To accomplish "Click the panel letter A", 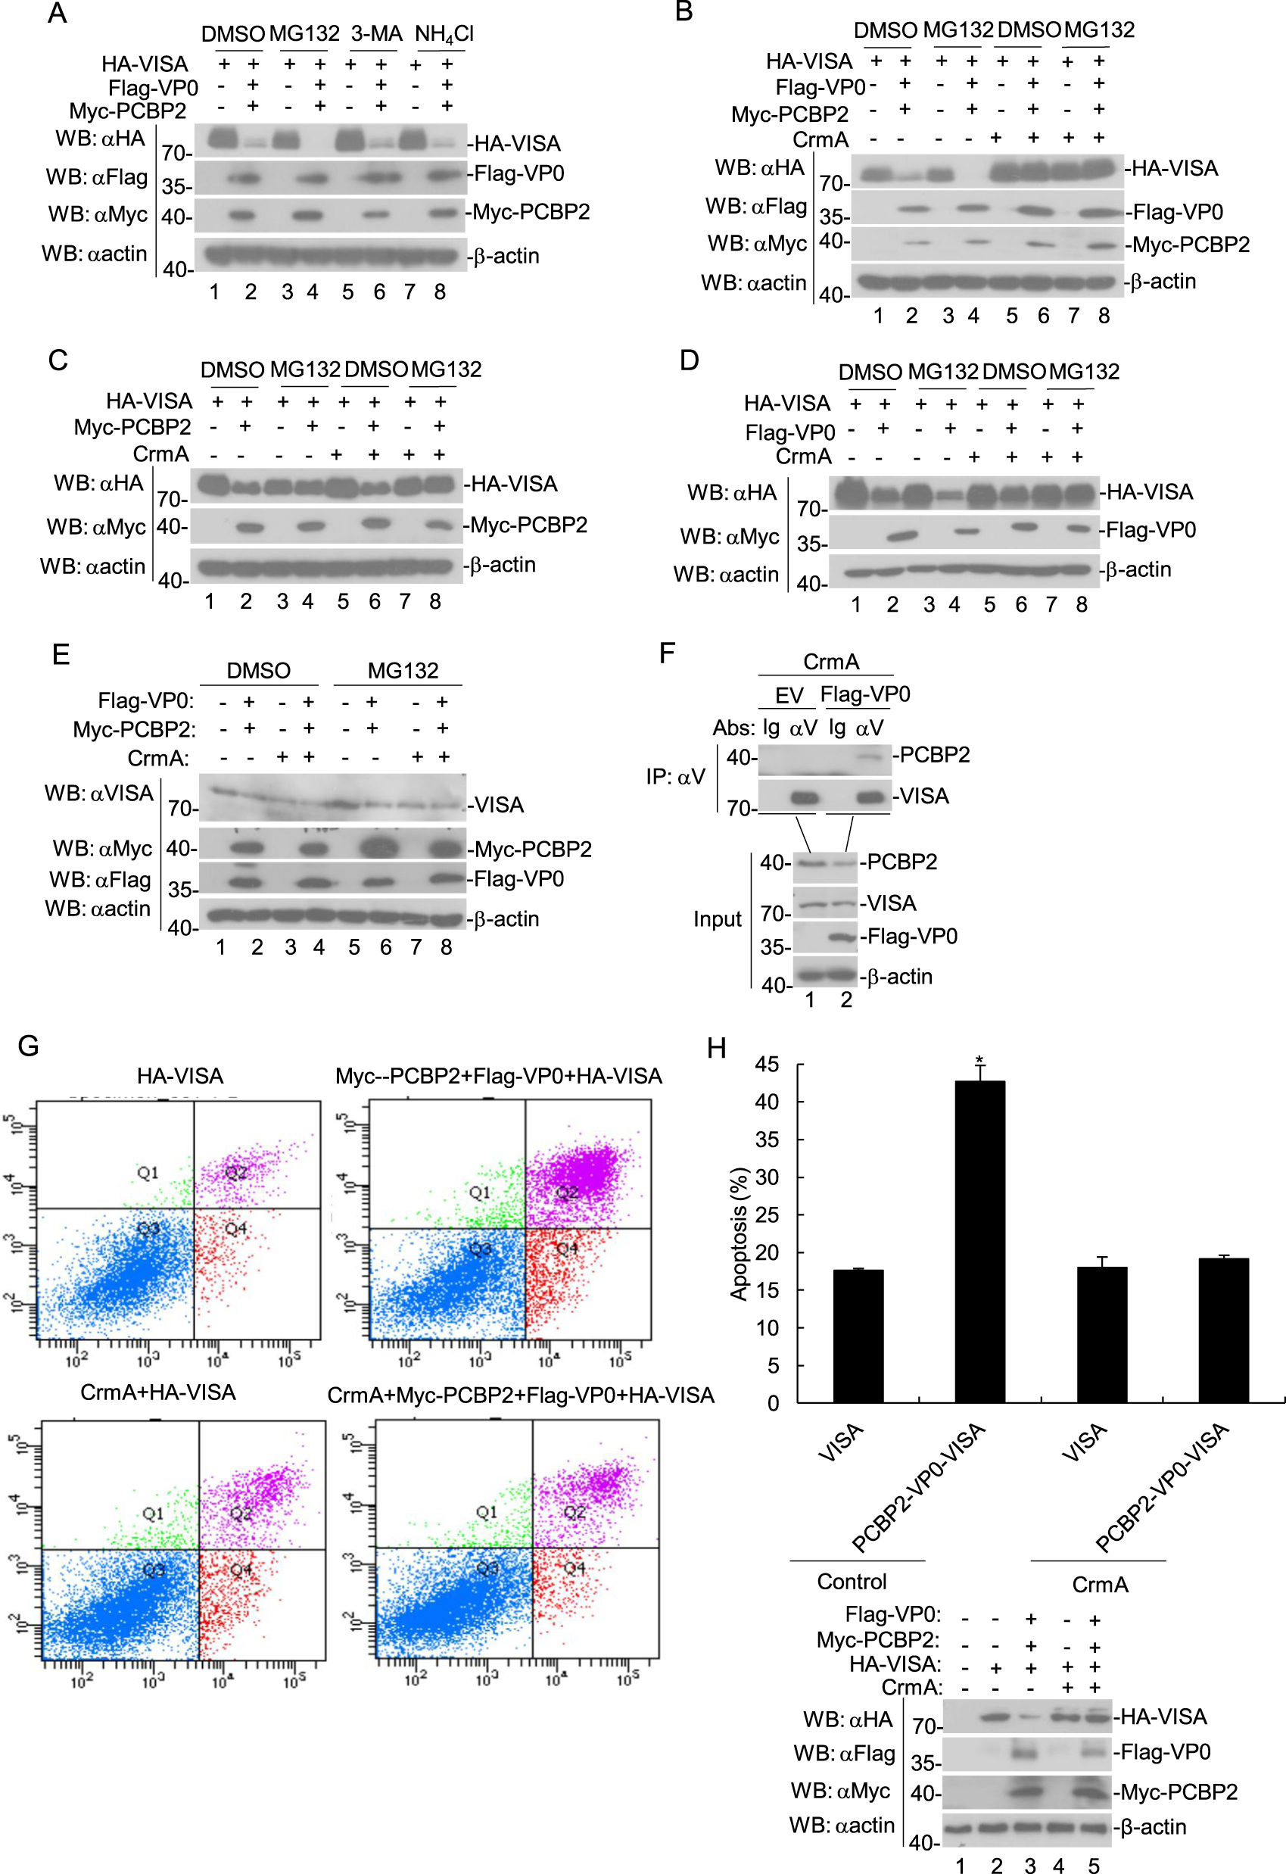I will pyautogui.click(x=57, y=14).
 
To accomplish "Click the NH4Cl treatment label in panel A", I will pyautogui.click(x=444, y=34).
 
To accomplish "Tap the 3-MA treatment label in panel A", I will pyautogui.click(x=376, y=34).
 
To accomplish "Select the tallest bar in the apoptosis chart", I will pyautogui.click(x=979, y=1241).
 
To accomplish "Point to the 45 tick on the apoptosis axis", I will pyautogui.click(x=767, y=1065).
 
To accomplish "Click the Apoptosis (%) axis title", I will pyautogui.click(x=739, y=1233).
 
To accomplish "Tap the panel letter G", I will pyautogui.click(x=28, y=1046).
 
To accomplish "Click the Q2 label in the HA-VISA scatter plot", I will pyautogui.click(x=235, y=1172).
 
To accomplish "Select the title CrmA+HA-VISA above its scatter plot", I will pyautogui.click(x=158, y=1392).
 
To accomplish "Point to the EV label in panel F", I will pyautogui.click(x=789, y=695).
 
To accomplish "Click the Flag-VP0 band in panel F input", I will pyautogui.click(x=842, y=937).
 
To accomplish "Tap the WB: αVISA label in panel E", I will pyautogui.click(x=98, y=794).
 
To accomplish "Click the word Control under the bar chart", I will pyautogui.click(x=852, y=1581).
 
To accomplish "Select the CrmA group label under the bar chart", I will pyautogui.click(x=1100, y=1585).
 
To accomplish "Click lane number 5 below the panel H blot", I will pyautogui.click(x=1093, y=1865).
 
